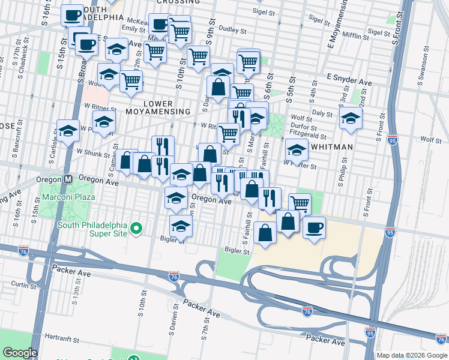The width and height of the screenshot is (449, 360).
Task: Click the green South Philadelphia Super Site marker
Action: (136, 227)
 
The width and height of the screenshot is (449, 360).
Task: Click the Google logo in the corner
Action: (20, 353)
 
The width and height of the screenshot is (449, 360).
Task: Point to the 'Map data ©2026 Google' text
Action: (412, 355)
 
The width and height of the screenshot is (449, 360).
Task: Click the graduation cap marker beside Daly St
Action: (351, 119)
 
